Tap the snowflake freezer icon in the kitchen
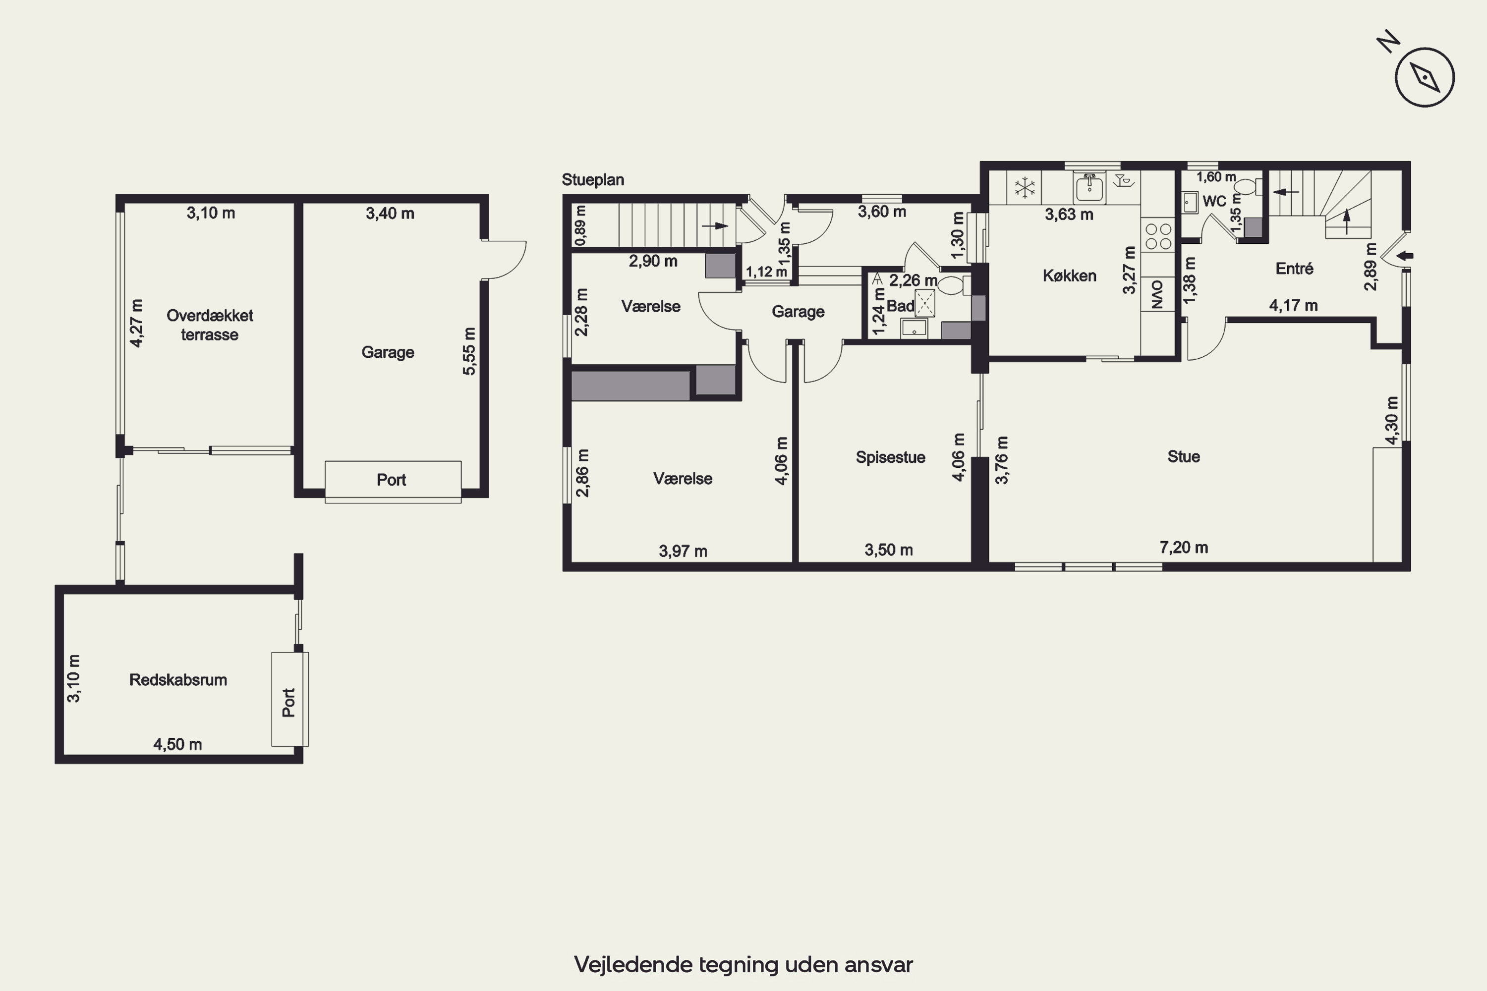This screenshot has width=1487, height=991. (1025, 187)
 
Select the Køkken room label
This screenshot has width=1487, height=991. (1070, 275)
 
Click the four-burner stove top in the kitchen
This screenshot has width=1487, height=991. (1158, 236)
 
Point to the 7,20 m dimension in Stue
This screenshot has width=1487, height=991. (1184, 548)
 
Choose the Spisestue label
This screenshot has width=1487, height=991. (890, 457)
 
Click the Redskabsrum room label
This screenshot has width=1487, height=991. (178, 680)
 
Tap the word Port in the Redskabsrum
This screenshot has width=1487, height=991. (289, 702)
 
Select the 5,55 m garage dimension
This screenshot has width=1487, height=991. (468, 351)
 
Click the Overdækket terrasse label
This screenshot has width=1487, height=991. (210, 325)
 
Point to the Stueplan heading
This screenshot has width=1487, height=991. (593, 180)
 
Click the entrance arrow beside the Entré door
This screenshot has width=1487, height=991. (1404, 256)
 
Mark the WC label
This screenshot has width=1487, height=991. (1214, 201)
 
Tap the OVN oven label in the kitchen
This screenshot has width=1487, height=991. (1157, 294)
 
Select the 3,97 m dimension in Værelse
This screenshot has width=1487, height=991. (683, 551)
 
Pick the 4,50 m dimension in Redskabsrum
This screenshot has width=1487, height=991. (177, 745)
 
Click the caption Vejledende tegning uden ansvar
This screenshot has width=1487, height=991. (743, 964)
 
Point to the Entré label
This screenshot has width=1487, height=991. (1294, 269)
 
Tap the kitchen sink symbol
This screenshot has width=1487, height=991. (1089, 188)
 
